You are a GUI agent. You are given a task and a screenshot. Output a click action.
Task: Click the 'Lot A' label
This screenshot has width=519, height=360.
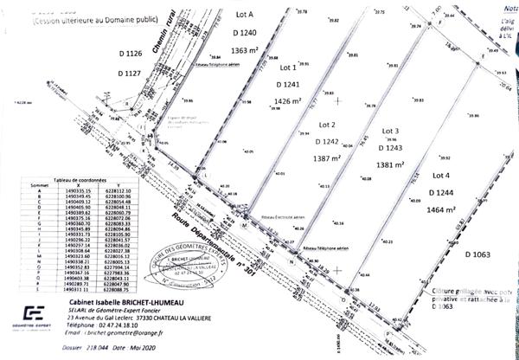pos(245,16)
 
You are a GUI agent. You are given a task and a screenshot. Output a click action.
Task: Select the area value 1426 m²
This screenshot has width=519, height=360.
pos(289,101)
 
